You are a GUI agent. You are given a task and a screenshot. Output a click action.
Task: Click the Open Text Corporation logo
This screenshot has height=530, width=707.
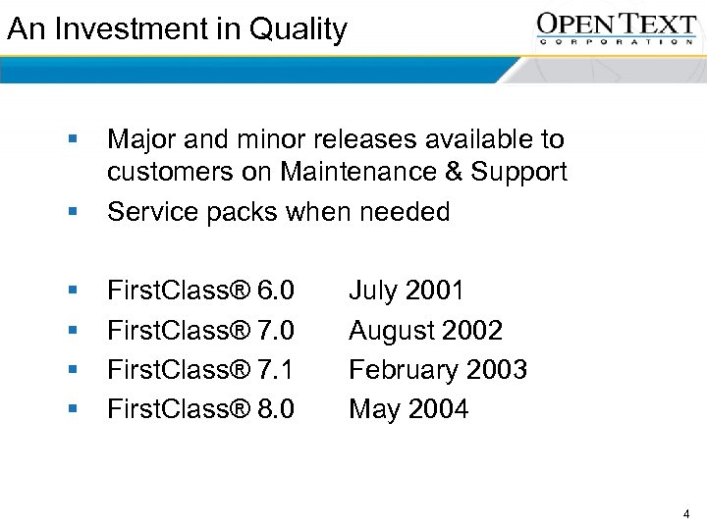point(616,28)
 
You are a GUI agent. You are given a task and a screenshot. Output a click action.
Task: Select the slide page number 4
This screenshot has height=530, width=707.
point(685,513)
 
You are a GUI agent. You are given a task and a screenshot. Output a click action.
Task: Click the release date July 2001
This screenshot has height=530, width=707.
point(407,291)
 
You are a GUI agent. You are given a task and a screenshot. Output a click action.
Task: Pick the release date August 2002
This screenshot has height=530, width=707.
point(425,330)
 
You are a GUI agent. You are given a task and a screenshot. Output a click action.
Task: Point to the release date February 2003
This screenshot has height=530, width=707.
point(438,370)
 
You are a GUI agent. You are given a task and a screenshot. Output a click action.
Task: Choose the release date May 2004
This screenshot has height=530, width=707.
point(408,409)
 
